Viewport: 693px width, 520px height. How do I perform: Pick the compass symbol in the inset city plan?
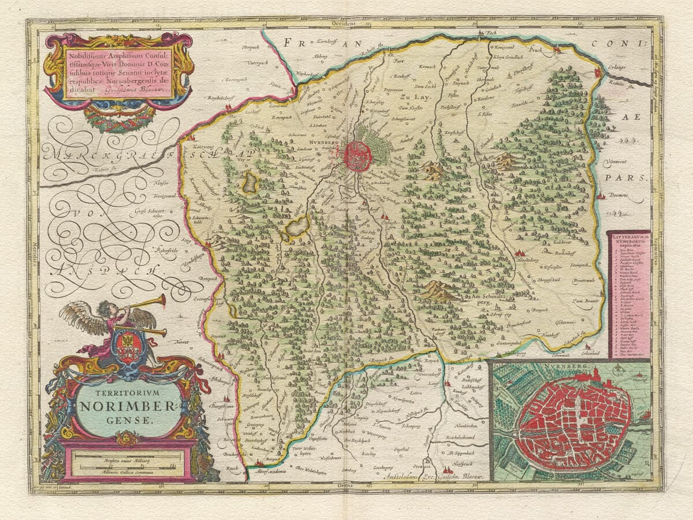point(638,380)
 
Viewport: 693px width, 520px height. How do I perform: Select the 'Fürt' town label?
point(397,60)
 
